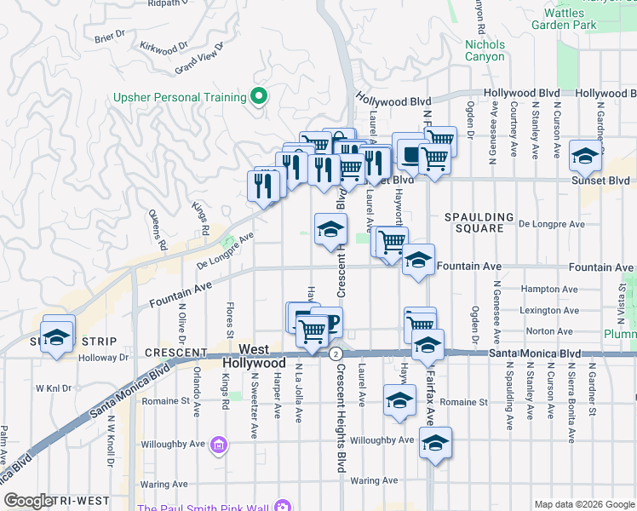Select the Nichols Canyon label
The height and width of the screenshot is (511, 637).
point(485,50)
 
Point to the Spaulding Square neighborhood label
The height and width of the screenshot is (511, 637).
point(479,223)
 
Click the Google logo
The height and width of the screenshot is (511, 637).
point(29,501)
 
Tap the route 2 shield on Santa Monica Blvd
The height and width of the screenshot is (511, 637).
point(336,353)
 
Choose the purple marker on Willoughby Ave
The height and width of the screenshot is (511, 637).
point(220,444)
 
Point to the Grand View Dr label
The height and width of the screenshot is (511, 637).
point(198,59)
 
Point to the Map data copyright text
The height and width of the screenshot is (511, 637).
point(583,504)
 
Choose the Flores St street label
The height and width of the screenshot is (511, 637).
point(229,320)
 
